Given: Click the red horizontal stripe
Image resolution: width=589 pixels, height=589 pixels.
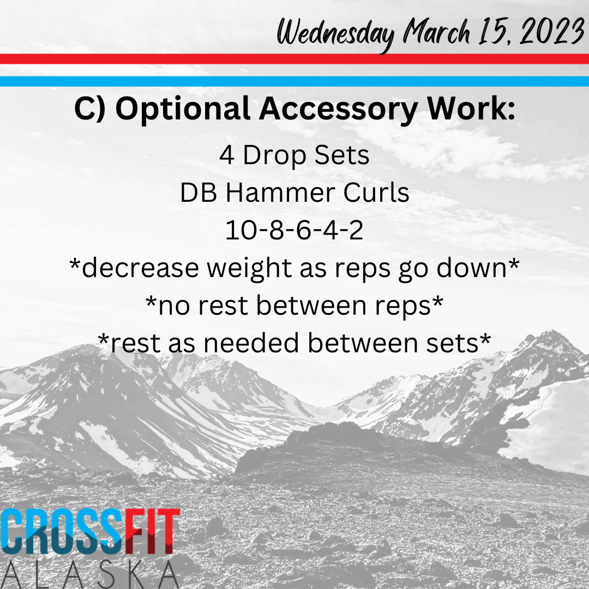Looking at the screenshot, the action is click(x=294, y=59).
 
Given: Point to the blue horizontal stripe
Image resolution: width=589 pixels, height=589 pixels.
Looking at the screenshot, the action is click(x=294, y=81).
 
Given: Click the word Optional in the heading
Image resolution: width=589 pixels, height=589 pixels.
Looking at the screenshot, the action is click(x=183, y=109).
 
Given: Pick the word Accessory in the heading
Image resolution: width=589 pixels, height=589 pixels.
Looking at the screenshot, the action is click(x=338, y=109).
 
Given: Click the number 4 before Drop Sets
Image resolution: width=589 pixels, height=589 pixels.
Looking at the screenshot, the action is click(x=227, y=155).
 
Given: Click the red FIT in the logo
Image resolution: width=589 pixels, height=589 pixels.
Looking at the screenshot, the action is click(x=152, y=531).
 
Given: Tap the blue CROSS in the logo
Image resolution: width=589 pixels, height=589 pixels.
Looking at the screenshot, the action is click(x=62, y=531).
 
